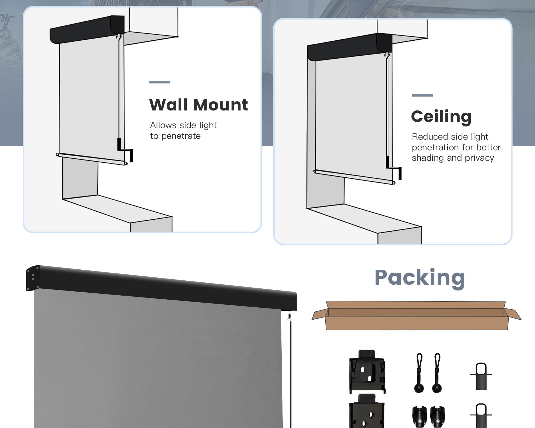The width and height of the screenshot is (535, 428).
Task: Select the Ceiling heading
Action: click(441, 117)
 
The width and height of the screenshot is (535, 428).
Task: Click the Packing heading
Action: click(420, 278)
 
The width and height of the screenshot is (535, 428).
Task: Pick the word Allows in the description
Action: click(163, 125)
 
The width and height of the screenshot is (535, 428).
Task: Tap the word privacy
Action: click(479, 158)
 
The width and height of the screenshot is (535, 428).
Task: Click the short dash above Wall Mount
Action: click(159, 82)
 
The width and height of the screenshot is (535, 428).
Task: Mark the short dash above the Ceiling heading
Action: click(423, 95)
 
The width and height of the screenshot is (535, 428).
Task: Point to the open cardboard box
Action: click(416, 316)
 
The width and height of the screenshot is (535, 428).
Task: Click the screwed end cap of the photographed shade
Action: click(33, 278)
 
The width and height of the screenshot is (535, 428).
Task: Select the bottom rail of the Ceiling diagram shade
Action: click(354, 177)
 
